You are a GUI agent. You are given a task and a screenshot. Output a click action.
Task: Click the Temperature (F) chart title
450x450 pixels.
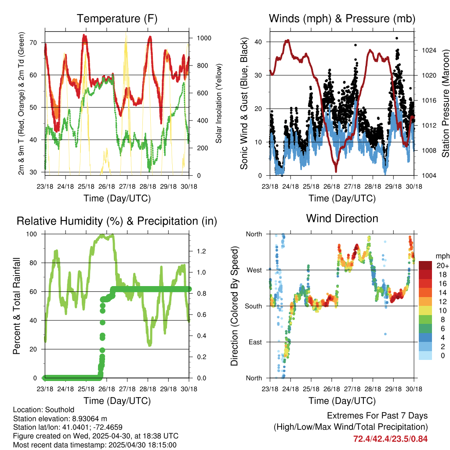117,18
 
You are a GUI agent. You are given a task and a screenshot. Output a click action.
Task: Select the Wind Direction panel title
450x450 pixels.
342,218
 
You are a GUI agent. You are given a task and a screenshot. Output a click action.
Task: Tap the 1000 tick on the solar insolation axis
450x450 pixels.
204,38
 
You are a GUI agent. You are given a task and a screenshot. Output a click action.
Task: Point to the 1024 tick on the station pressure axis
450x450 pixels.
429,51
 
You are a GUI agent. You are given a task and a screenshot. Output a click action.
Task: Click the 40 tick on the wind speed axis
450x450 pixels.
258,42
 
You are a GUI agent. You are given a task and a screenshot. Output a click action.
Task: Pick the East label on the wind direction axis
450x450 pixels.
255,342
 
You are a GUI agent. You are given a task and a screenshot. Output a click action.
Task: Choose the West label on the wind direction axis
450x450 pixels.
254,270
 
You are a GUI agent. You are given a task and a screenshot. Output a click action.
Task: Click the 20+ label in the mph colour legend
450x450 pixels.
443,265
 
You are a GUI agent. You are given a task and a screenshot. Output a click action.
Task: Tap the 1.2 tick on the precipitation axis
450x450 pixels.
201,251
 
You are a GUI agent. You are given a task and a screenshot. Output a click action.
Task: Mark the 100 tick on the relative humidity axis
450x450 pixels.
32,234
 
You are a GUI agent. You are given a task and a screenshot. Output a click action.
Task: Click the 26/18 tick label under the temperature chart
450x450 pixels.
106,186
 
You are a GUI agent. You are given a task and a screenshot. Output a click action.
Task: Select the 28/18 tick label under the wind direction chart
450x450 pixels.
373,389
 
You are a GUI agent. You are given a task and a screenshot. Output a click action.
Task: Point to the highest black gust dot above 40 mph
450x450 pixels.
397,38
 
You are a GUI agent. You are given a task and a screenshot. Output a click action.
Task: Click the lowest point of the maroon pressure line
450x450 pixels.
336,171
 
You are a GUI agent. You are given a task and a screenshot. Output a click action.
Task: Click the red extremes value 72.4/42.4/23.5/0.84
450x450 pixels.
390,439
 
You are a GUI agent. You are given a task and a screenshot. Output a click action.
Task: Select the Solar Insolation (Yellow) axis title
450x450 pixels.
219,103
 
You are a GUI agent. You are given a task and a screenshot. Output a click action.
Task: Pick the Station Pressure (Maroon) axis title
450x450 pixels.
446,103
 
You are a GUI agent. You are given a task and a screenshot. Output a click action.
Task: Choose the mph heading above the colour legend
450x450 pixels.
443,256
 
